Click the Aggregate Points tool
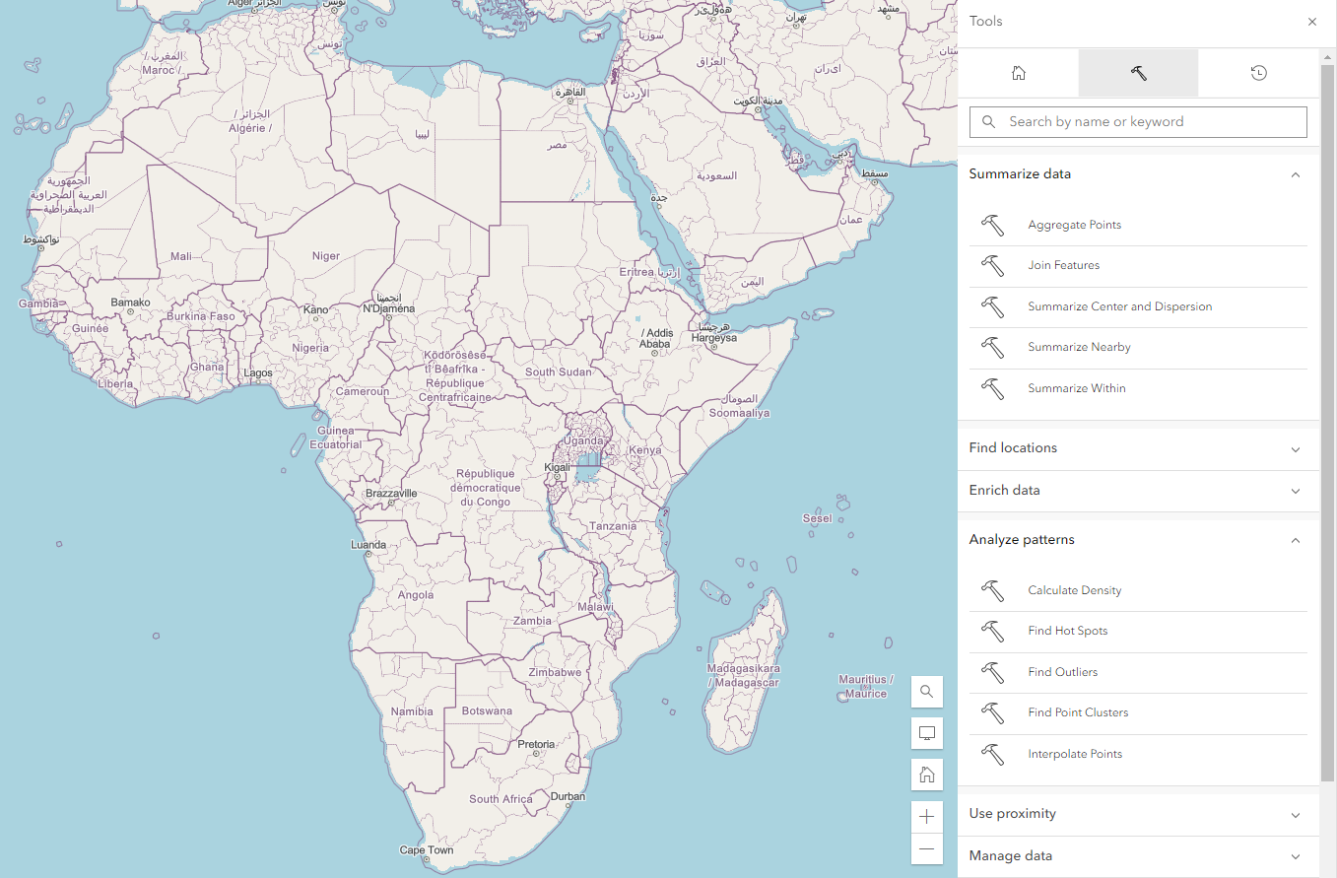pyautogui.click(x=1074, y=225)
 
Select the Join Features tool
pyautogui.click(x=1063, y=265)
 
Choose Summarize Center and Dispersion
pyautogui.click(x=1119, y=306)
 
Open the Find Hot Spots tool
pyautogui.click(x=1067, y=631)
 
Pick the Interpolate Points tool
pyautogui.click(x=1075, y=754)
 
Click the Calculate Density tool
pyautogui.click(x=1074, y=590)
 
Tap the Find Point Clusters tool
pyautogui.click(x=1078, y=712)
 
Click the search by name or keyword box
pyautogui.click(x=1138, y=122)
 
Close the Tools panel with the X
pyautogui.click(x=1311, y=22)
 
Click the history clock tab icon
pyautogui.click(x=1258, y=73)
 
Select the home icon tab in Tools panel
pyautogui.click(x=1019, y=73)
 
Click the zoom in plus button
pyautogui.click(x=926, y=816)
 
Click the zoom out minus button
pyautogui.click(x=926, y=848)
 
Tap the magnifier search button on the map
pyautogui.click(x=926, y=692)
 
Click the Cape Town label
pyautogui.click(x=427, y=849)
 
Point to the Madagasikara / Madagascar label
pyautogui.click(x=743, y=675)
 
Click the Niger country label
pyautogui.click(x=326, y=256)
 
